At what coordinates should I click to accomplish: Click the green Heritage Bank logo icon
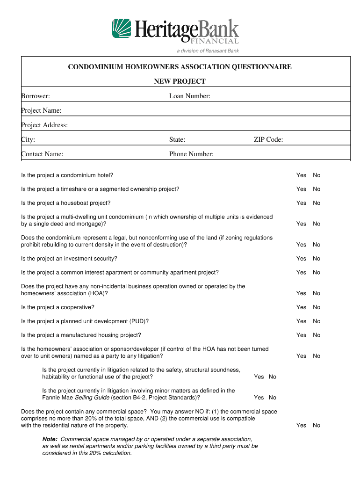[x=121, y=29]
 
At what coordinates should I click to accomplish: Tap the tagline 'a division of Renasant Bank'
[x=208, y=51]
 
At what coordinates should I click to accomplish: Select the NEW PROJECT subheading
[x=180, y=81]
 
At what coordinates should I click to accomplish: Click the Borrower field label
[x=36, y=96]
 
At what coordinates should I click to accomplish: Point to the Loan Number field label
[x=190, y=96]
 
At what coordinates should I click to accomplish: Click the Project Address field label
[x=44, y=125]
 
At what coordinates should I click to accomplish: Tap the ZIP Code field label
[x=268, y=139]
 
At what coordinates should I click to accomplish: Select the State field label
[x=177, y=139]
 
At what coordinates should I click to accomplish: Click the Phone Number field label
[x=191, y=154]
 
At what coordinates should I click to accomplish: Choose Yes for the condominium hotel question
[x=301, y=175]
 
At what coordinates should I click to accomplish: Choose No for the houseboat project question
[x=317, y=203]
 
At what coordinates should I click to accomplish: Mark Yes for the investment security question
[x=301, y=258]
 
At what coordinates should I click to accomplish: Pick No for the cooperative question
[x=317, y=307]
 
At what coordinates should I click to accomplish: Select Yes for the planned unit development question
[x=301, y=321]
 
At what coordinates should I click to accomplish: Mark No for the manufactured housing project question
[x=317, y=335]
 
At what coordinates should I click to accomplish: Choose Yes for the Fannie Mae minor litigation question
[x=259, y=398]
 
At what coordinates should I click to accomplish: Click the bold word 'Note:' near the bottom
[x=50, y=439]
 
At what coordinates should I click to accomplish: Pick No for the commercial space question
[x=317, y=425]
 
